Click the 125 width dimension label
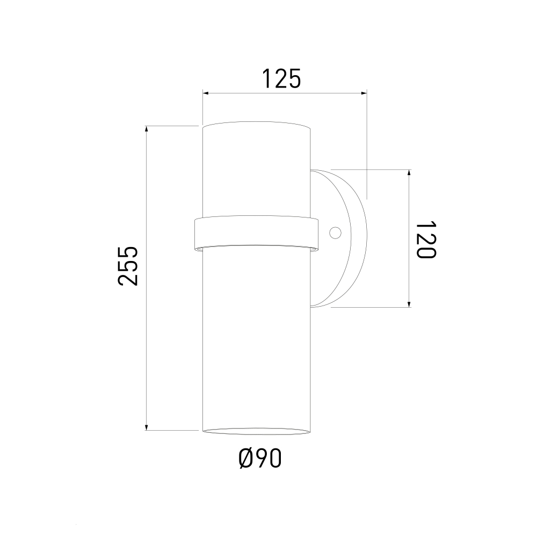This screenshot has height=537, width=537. pyautogui.click(x=281, y=78)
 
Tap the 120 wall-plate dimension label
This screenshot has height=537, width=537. pyautogui.click(x=426, y=240)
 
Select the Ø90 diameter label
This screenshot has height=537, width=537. pyautogui.click(x=260, y=458)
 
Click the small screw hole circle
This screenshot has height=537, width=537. pyautogui.click(x=335, y=233)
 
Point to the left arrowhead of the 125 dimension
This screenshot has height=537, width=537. pyautogui.click(x=206, y=92)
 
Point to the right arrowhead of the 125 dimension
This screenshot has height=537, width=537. pyautogui.click(x=364, y=92)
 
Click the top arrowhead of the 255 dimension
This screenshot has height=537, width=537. pyautogui.click(x=147, y=129)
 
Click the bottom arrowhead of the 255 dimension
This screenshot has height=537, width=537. pyautogui.click(x=147, y=427)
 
